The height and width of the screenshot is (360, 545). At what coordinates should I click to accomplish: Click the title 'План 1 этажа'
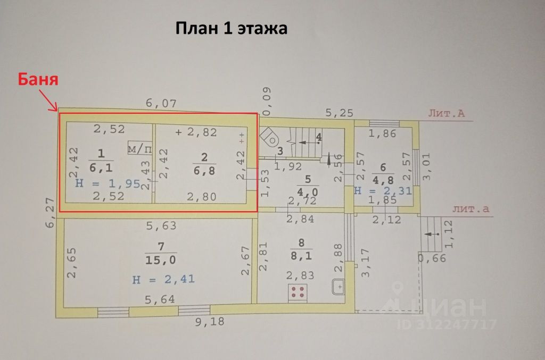click(x=232, y=28)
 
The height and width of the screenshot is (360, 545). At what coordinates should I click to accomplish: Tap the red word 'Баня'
click(x=38, y=80)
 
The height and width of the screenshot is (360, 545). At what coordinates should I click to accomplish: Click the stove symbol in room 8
click(x=299, y=291)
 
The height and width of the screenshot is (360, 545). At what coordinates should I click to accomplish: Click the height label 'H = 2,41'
click(x=163, y=278)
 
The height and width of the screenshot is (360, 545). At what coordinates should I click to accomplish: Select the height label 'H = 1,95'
click(x=108, y=183)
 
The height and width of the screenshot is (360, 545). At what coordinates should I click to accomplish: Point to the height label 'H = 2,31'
click(x=383, y=190)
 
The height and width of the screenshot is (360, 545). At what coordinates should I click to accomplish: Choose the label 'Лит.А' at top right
click(x=447, y=113)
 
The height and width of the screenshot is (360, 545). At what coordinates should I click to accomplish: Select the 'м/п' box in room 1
click(x=139, y=149)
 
